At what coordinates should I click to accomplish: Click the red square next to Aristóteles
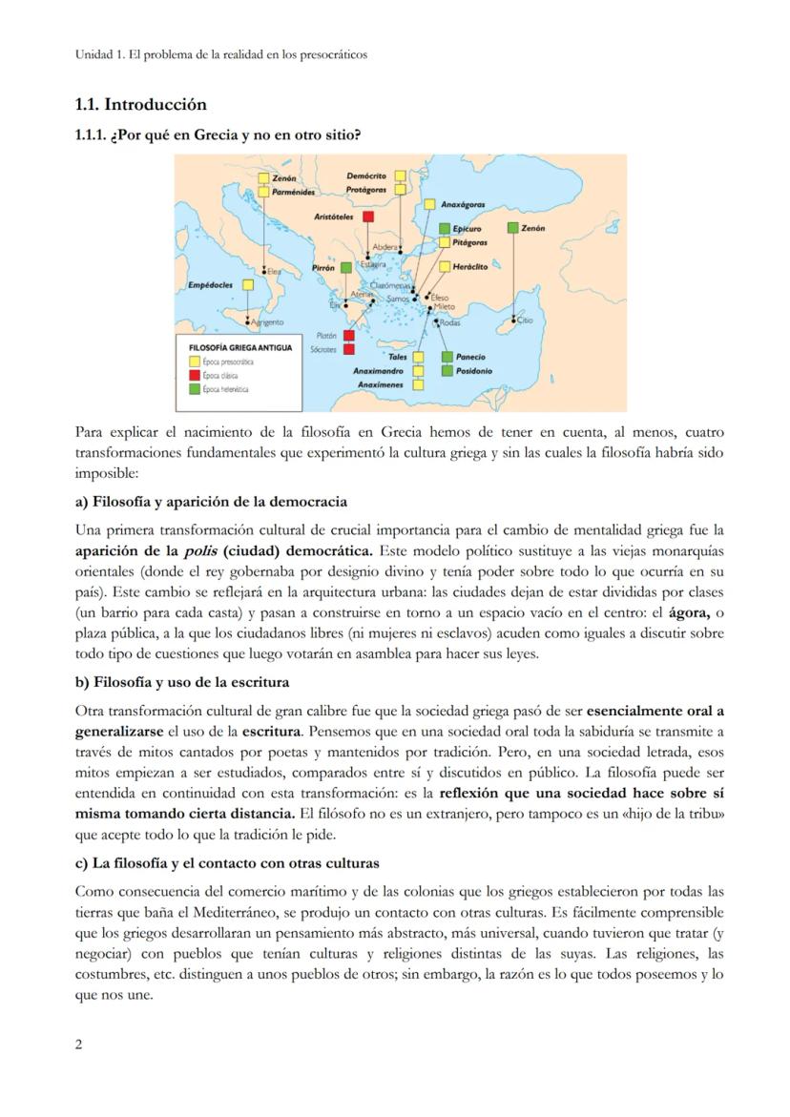click(367, 217)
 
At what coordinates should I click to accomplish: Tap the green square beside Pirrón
click(345, 269)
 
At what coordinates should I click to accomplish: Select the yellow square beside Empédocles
click(248, 284)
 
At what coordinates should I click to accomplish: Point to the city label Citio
click(526, 321)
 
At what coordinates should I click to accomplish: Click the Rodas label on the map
click(449, 323)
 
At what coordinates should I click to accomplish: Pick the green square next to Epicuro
click(445, 229)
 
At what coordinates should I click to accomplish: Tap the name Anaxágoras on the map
click(464, 204)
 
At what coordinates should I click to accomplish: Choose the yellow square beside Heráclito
click(444, 266)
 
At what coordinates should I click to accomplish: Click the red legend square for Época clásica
click(195, 375)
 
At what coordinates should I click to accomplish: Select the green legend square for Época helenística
click(195, 388)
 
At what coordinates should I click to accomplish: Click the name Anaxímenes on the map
click(380, 384)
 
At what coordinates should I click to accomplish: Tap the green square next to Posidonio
click(447, 370)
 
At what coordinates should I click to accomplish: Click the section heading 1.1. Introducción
click(140, 104)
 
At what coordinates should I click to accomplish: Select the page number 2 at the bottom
click(79, 1044)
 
